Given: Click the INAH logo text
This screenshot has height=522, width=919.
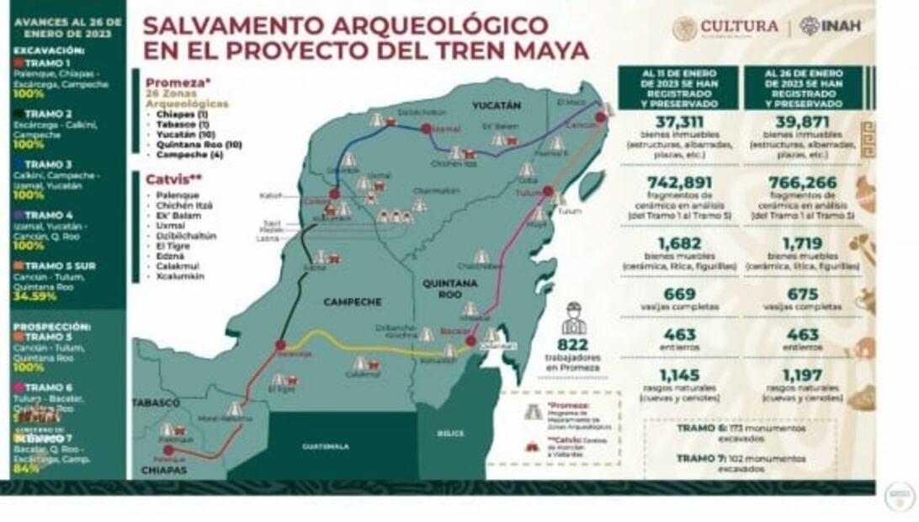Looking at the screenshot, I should click(841, 26).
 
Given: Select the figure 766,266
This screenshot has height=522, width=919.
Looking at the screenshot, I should click(802, 184).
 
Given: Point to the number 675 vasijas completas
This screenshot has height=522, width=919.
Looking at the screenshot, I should click(802, 295).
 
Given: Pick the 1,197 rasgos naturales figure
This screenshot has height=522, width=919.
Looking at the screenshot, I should click(802, 375).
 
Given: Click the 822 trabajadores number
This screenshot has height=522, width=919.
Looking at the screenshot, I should click(572, 344).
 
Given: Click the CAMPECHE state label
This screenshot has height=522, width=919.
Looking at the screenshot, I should click(353, 301).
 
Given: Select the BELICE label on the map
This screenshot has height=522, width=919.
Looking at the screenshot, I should click(451, 434).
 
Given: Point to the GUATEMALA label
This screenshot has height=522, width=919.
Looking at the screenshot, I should click(326, 446).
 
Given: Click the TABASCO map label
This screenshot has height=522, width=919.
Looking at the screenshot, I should click(155, 402).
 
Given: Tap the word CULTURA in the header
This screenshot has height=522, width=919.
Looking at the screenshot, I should click(739, 27).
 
